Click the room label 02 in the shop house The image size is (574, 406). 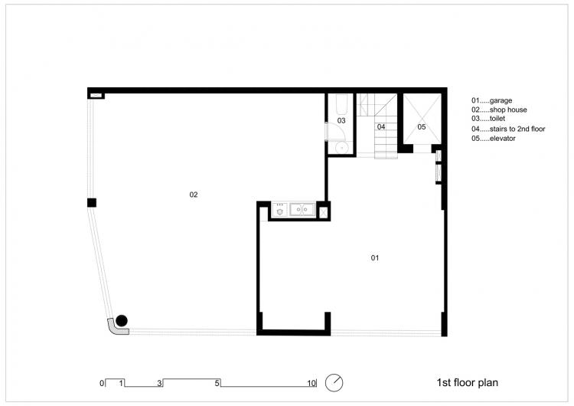click(x=194, y=195)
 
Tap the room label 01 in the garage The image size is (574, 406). click(x=375, y=258)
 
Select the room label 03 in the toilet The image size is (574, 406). click(x=341, y=121)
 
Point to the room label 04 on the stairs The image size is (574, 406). click(x=380, y=126)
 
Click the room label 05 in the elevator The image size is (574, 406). click(x=421, y=126)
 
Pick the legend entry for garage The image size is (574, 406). click(x=491, y=100)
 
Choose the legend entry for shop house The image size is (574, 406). click(x=497, y=110)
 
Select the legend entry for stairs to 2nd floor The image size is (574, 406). click(x=508, y=129)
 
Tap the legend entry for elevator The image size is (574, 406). click(x=494, y=139)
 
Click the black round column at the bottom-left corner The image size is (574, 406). click(x=122, y=320)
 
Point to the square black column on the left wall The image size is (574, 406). click(x=92, y=203)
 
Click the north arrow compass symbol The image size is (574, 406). click(x=334, y=381)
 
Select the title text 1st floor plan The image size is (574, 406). click(x=468, y=381)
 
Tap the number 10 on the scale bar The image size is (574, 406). click(x=311, y=382)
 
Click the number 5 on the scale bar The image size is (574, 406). click(x=218, y=382)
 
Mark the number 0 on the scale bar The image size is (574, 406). click(x=101, y=382)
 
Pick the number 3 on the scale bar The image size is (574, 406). click(x=159, y=382)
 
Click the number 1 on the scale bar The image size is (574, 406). click(x=121, y=382)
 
